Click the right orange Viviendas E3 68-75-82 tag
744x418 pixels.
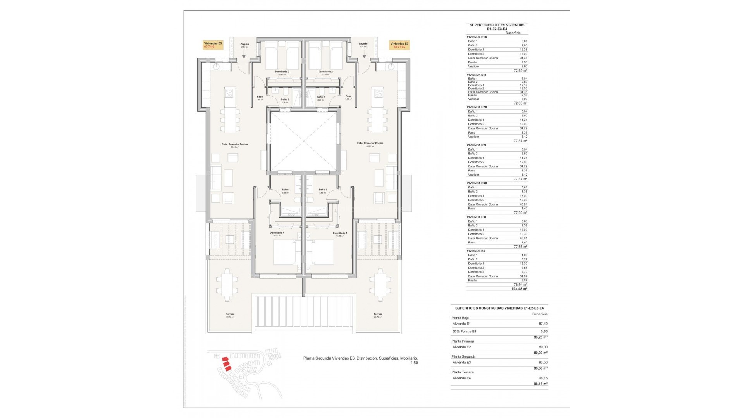(399, 45)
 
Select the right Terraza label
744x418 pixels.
(378, 314)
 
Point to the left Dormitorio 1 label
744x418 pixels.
(277, 233)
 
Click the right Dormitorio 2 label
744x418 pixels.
(325, 72)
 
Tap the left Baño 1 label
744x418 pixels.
(286, 190)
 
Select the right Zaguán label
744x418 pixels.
(363, 44)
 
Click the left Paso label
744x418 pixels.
(260, 96)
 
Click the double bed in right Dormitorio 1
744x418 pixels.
(323, 252)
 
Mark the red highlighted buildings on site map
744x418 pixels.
(226, 364)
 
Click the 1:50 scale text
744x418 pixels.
(414, 363)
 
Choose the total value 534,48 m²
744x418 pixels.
(519, 289)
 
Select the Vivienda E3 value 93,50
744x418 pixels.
(542, 363)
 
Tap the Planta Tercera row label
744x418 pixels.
(462, 372)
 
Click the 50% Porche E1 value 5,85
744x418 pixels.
(542, 331)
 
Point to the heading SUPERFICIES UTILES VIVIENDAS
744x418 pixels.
(497, 25)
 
